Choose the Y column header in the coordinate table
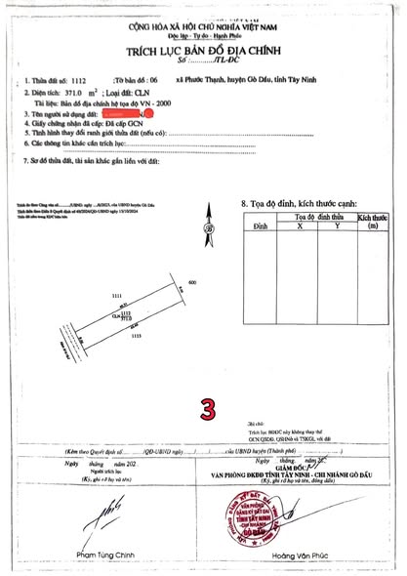pyautogui.click(x=337, y=225)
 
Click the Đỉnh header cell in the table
pyautogui.click(x=261, y=225)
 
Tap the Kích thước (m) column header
pyautogui.click(x=371, y=220)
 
